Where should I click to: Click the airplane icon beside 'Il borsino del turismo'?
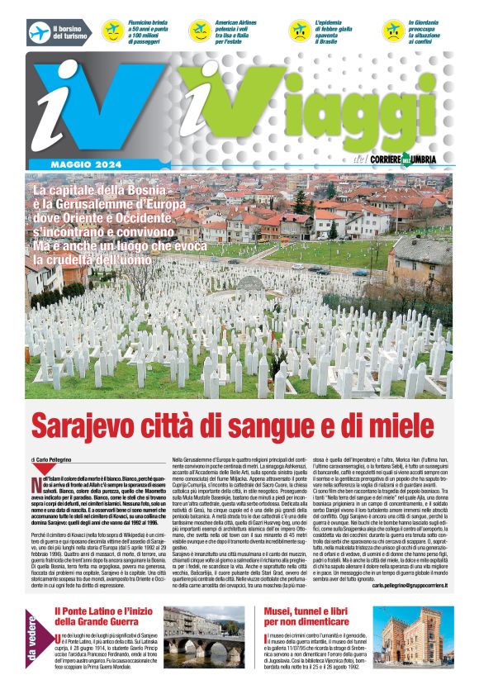pyautogui.click(x=39, y=31)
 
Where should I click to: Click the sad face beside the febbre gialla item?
pyautogui.click(x=299, y=31)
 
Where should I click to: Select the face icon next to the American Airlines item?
pyautogui.click(x=199, y=31)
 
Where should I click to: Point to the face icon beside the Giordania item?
pyautogui.click(x=393, y=31)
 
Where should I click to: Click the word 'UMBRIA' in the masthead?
pyautogui.click(x=428, y=159)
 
